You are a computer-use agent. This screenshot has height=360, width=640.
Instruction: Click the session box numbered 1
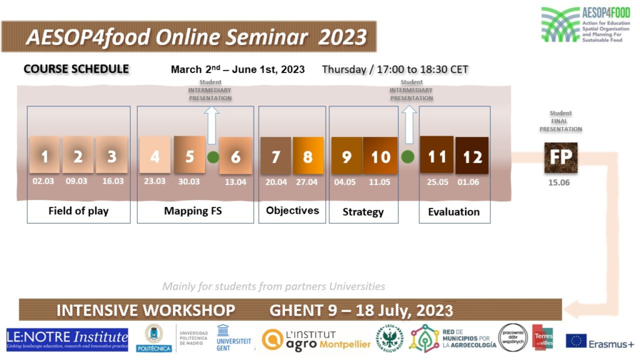[44, 155]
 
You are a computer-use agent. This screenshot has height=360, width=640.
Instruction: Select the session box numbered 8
[308, 155]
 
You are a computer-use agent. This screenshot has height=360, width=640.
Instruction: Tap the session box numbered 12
[472, 156]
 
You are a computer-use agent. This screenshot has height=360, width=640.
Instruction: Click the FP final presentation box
[561, 157]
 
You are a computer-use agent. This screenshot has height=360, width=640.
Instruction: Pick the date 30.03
[189, 181]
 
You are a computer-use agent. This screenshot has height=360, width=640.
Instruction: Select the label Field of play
[78, 211]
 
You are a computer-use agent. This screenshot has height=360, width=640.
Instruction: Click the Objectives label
[292, 211]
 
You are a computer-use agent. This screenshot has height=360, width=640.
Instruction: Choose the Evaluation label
[454, 212]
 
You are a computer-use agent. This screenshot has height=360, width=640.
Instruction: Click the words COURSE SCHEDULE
[76, 69]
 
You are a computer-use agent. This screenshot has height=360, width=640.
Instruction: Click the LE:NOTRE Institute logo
[67, 339]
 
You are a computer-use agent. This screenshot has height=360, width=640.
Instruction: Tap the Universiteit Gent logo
[233, 339]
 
